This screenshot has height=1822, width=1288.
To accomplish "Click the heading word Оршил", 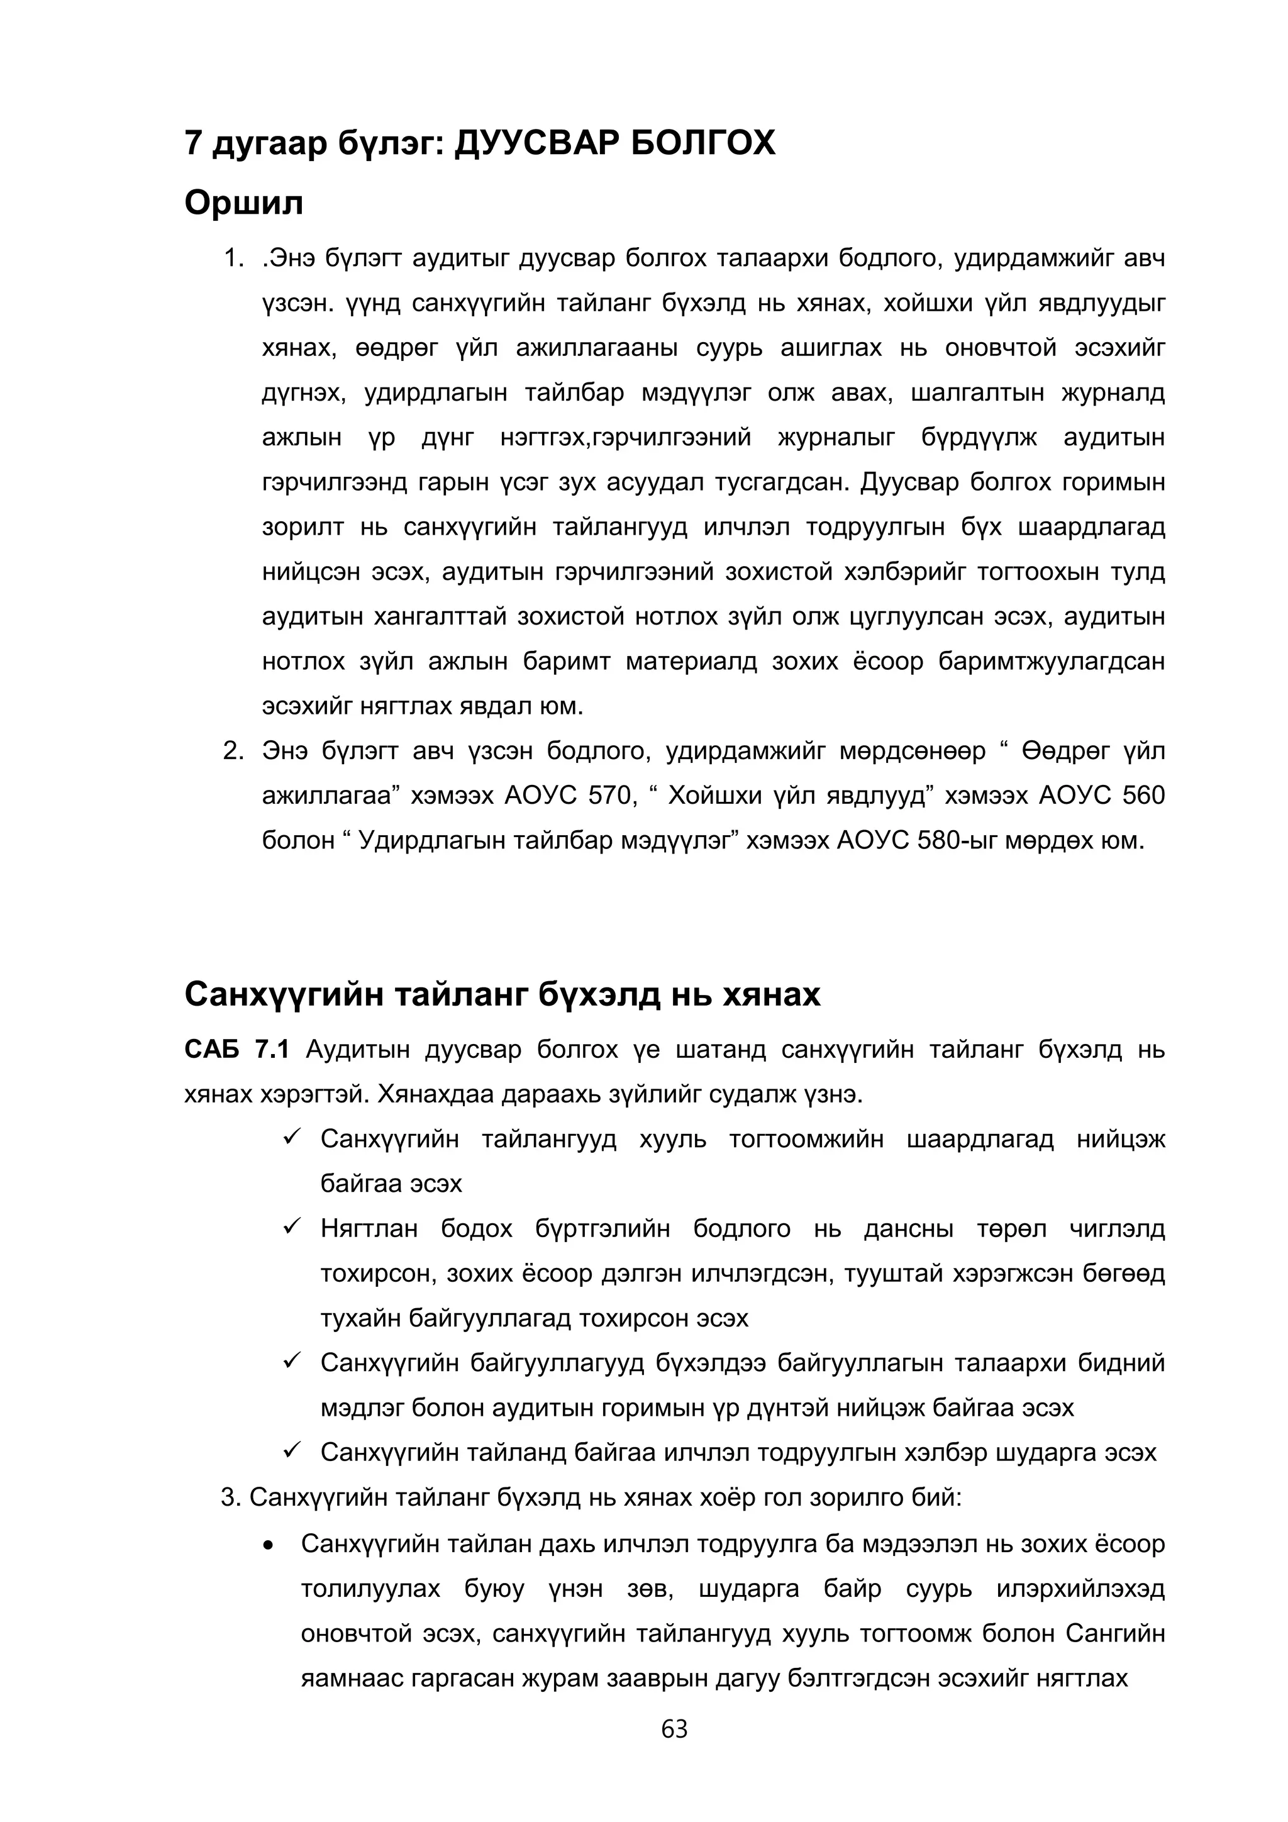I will click(243, 204).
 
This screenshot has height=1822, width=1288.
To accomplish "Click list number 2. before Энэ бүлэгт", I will click(233, 751).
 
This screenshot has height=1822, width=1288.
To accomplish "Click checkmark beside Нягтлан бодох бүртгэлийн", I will click(291, 1228).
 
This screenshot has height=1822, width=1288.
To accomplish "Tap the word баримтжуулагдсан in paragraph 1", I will click(1051, 661).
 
